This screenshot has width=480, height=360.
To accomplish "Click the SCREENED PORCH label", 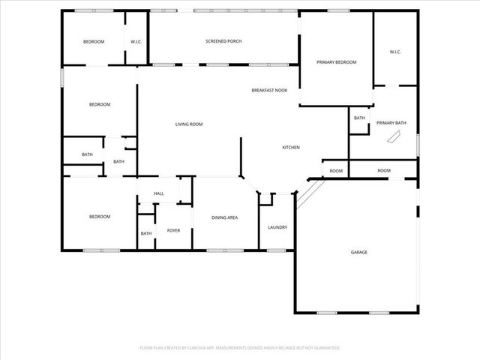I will [x=223, y=41].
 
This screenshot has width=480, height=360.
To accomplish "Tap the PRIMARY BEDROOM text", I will [x=336, y=61].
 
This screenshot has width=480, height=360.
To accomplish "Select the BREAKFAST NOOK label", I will [x=269, y=90].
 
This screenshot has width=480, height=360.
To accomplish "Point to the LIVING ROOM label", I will [x=189, y=124].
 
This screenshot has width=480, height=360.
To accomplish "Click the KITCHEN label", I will [x=291, y=147].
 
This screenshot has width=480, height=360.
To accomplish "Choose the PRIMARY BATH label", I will [x=391, y=122].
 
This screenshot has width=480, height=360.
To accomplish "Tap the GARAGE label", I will [x=359, y=252].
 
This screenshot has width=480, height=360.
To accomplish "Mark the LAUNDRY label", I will [x=277, y=227].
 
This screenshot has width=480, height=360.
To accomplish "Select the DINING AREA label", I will [x=224, y=217].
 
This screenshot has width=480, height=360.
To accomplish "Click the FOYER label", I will [x=173, y=230].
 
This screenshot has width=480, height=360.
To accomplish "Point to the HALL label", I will [x=159, y=193].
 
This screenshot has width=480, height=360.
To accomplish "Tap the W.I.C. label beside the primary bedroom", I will [x=395, y=52].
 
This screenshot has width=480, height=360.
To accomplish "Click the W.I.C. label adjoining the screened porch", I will [x=136, y=41].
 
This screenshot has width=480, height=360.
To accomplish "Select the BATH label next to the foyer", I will [x=145, y=233].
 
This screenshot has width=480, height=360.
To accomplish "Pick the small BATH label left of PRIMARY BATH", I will [x=359, y=118].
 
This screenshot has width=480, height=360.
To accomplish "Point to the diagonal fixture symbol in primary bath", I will [x=393, y=137].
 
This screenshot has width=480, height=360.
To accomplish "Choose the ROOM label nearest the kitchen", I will [x=336, y=171].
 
